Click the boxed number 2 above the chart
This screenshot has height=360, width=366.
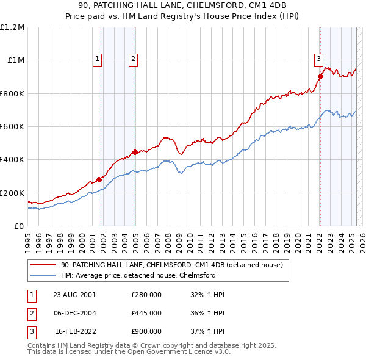click(133, 59)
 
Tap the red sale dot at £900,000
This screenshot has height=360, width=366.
click(320, 77)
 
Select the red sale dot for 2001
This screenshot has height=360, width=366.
click(99, 180)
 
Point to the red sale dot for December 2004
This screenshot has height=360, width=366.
click(135, 153)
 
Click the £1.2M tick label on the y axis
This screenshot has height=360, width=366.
click(12, 27)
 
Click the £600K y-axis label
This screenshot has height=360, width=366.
click(12, 127)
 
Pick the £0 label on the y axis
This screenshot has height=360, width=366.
click(20, 226)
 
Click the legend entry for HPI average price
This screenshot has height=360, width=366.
click(138, 275)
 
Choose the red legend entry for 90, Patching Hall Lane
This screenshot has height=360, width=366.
click(171, 265)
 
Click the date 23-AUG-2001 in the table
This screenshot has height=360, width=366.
click(74, 294)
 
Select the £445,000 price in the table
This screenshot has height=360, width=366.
click(146, 313)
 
